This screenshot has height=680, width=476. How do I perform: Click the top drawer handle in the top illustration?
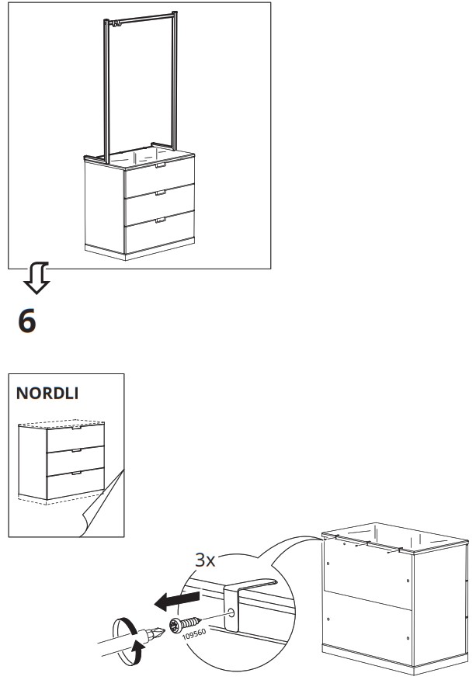point(162,165)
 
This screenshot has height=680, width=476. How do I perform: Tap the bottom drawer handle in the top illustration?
point(161,220)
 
